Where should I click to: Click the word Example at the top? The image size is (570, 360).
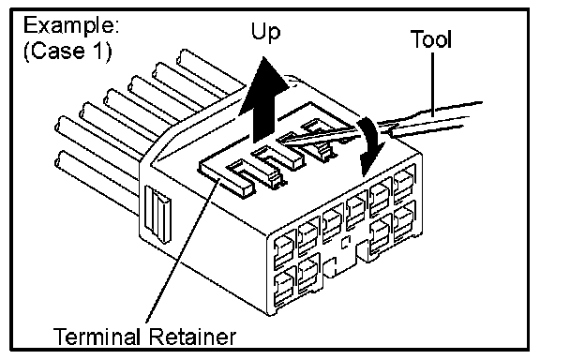(71, 26)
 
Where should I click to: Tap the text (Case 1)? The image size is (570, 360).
(67, 51)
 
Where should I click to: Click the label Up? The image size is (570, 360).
(265, 33)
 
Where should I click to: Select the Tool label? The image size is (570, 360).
(431, 39)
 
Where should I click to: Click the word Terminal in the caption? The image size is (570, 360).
(97, 337)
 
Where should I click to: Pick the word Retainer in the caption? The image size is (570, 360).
(192, 337)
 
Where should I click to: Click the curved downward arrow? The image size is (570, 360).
(370, 145)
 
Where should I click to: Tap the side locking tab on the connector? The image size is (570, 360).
(157, 214)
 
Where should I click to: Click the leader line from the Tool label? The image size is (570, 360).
(432, 84)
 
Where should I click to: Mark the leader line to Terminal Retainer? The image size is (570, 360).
(183, 251)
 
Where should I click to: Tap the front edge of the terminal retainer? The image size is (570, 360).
(225, 183)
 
